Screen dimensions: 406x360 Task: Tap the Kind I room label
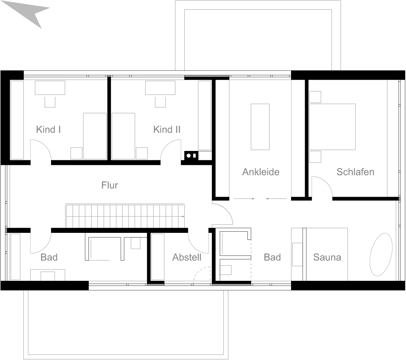[x=48, y=129]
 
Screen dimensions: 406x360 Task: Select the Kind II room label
[x=167, y=129]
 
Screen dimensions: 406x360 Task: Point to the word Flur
[x=109, y=185]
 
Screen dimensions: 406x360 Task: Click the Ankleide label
[x=261, y=172]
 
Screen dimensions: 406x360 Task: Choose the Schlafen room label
[x=355, y=172]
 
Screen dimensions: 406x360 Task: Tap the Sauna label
[x=327, y=257]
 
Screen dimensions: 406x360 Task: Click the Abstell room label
[x=187, y=257]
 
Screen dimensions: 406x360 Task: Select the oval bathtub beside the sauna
[x=381, y=254]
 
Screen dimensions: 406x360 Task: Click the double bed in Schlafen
[x=332, y=127]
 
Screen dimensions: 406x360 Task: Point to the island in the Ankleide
[x=260, y=127]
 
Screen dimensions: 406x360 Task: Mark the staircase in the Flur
[x=125, y=216]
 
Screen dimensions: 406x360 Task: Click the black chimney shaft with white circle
[x=191, y=156]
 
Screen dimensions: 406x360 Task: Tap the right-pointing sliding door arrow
[x=244, y=199]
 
